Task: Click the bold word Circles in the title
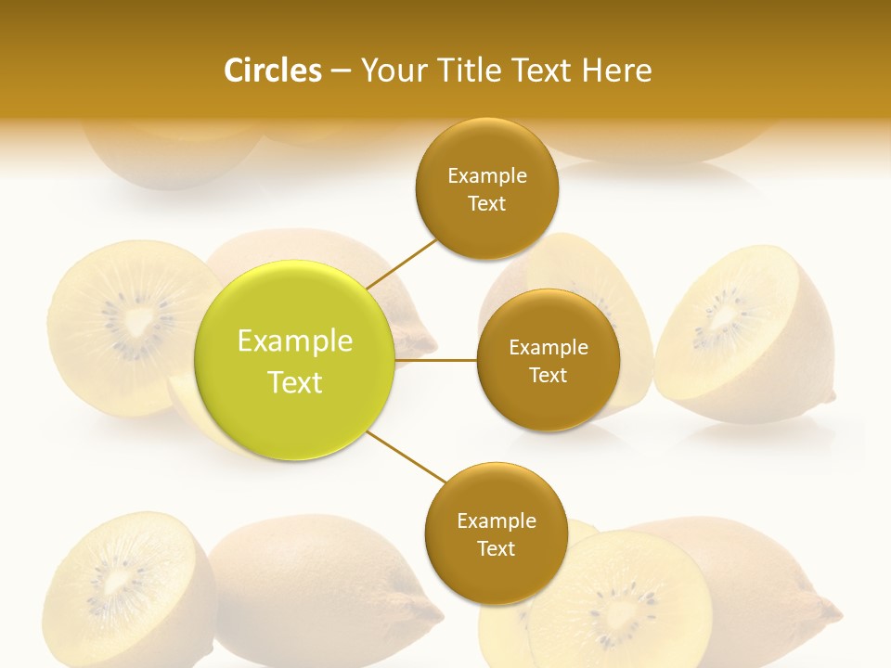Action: pos(272,71)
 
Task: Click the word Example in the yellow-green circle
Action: pos(295,341)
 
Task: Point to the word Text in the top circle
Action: pos(486,204)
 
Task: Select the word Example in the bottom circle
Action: pos(496,520)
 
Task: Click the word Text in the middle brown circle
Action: pos(548,376)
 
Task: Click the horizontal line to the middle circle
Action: pos(436,360)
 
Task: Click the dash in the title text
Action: pos(341,71)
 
